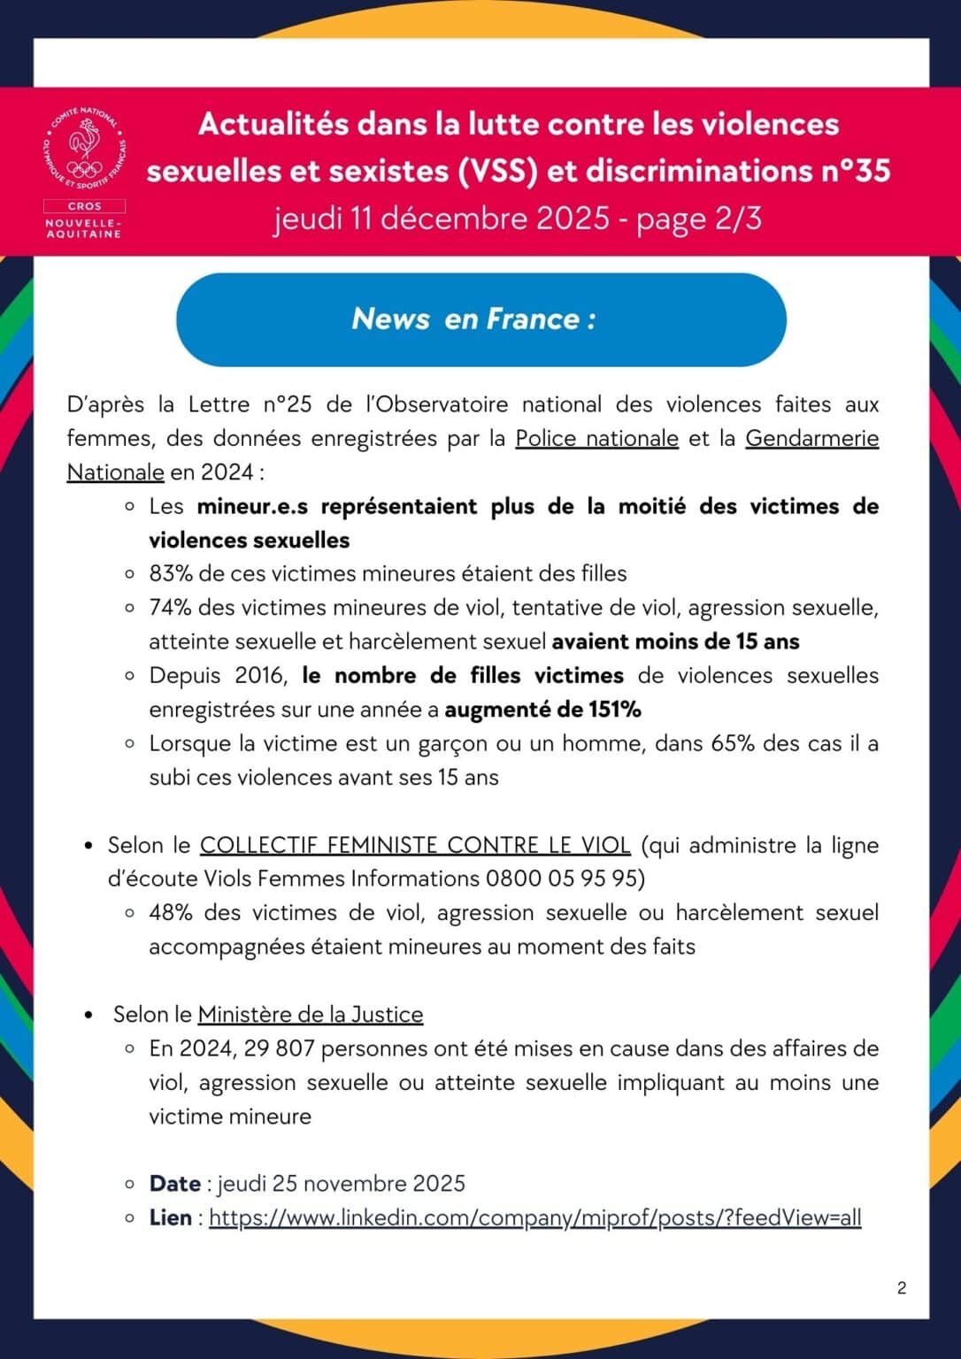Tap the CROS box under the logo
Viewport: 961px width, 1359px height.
(84, 206)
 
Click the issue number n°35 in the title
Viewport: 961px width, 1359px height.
(856, 171)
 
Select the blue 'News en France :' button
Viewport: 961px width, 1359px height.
(480, 319)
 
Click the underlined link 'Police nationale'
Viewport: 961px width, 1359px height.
(596, 439)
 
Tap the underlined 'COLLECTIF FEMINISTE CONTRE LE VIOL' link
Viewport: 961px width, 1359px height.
(415, 846)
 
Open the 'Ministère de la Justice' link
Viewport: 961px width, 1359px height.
(311, 1015)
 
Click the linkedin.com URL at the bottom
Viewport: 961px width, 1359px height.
(534, 1218)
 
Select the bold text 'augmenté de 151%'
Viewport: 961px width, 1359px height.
(542, 710)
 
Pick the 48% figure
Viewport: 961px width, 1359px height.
(172, 913)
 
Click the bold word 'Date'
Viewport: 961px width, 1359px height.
(175, 1184)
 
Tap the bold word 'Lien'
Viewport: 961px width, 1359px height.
(171, 1218)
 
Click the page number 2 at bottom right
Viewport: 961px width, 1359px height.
(902, 1288)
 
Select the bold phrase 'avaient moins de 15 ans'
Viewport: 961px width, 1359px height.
(675, 641)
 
